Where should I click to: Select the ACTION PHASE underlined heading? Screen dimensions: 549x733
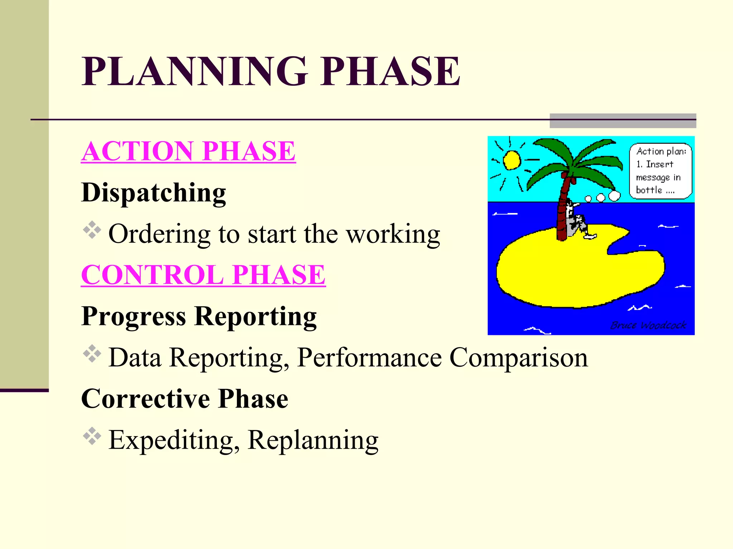pyautogui.click(x=188, y=151)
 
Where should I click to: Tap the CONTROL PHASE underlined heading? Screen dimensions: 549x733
pyautogui.click(x=203, y=275)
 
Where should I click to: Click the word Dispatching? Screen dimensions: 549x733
pyautogui.click(x=154, y=193)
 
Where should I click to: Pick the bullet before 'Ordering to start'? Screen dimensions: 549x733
pyautogui.click(x=92, y=230)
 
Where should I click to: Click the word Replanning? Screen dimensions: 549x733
pyautogui.click(x=313, y=440)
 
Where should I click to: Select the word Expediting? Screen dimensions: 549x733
pyautogui.click(x=174, y=440)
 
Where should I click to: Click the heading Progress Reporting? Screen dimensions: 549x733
pyautogui.click(x=199, y=316)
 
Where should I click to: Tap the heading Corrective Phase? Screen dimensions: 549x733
pyautogui.click(x=185, y=399)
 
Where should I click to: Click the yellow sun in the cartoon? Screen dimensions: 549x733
pyautogui.click(x=511, y=160)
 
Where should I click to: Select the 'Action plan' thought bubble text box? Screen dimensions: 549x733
pyautogui.click(x=660, y=171)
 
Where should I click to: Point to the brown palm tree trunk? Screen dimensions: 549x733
pyautogui.click(x=562, y=211)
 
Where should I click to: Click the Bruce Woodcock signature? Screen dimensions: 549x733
pyautogui.click(x=648, y=325)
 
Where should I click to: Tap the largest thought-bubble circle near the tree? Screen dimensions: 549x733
pyautogui.click(x=614, y=196)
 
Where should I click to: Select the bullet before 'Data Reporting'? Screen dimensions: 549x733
pyautogui.click(x=92, y=353)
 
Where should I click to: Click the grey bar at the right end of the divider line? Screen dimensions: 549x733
pyautogui.click(x=622, y=121)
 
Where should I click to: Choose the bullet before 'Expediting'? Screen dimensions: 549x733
pyautogui.click(x=92, y=436)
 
